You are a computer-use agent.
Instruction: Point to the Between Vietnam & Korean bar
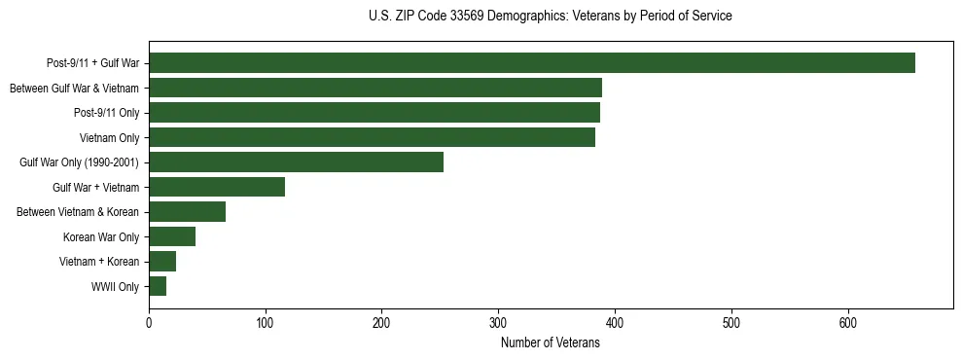point(187,212)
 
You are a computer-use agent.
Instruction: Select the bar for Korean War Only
point(171,236)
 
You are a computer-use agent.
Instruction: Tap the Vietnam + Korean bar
point(162,262)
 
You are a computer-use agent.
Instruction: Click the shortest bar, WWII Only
point(158,286)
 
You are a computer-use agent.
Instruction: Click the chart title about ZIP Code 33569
point(551,17)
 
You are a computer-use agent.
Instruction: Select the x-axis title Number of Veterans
point(550,343)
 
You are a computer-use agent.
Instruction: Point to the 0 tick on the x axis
point(149,323)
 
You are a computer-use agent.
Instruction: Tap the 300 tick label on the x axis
point(498,323)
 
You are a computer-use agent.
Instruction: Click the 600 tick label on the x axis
point(848,323)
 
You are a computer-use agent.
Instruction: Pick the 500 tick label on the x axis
point(731,323)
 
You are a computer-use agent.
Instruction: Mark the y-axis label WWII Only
point(115,287)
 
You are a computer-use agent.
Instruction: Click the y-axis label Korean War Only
point(101,237)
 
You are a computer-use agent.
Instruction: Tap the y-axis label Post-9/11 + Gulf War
point(92,63)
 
